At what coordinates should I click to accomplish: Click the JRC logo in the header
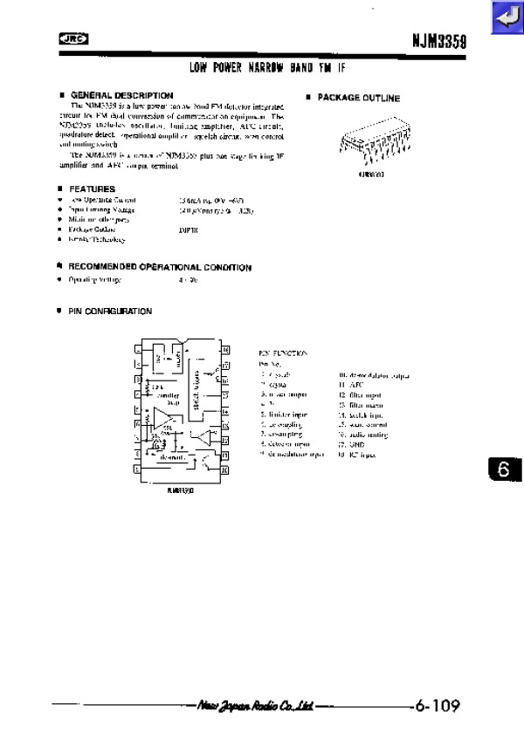point(70,38)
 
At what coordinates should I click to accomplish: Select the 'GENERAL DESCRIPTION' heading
point(121,95)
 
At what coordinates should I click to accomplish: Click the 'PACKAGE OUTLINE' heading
point(358,98)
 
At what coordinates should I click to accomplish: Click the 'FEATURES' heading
point(93,188)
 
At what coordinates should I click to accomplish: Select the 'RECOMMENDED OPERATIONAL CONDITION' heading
point(161,267)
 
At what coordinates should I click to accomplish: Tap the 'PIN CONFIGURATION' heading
point(111,311)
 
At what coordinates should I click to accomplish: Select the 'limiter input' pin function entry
point(287,414)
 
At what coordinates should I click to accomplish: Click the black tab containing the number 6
point(503,469)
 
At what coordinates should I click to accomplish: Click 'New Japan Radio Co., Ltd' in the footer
point(255,705)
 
